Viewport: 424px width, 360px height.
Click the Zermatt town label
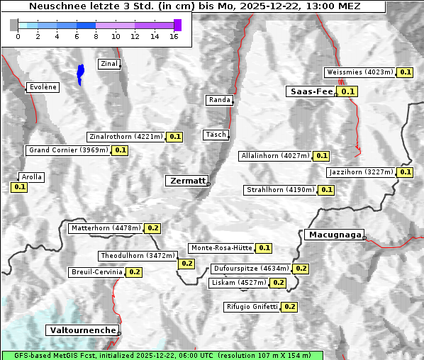[187, 181]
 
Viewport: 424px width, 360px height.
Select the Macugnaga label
[334, 235]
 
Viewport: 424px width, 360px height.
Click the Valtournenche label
[82, 330]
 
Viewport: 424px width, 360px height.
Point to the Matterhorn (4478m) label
[105, 228]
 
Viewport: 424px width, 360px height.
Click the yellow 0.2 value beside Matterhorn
[152, 228]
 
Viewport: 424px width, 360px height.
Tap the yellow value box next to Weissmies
[406, 72]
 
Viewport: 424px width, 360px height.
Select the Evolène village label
[42, 87]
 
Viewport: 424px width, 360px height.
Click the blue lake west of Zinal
[80, 73]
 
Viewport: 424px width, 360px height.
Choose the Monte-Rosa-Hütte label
[221, 248]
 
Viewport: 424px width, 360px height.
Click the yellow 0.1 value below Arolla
[19, 187]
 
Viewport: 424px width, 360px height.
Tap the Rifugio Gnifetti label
[252, 307]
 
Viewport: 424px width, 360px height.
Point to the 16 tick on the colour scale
[174, 36]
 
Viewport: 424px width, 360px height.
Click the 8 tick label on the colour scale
[96, 36]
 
